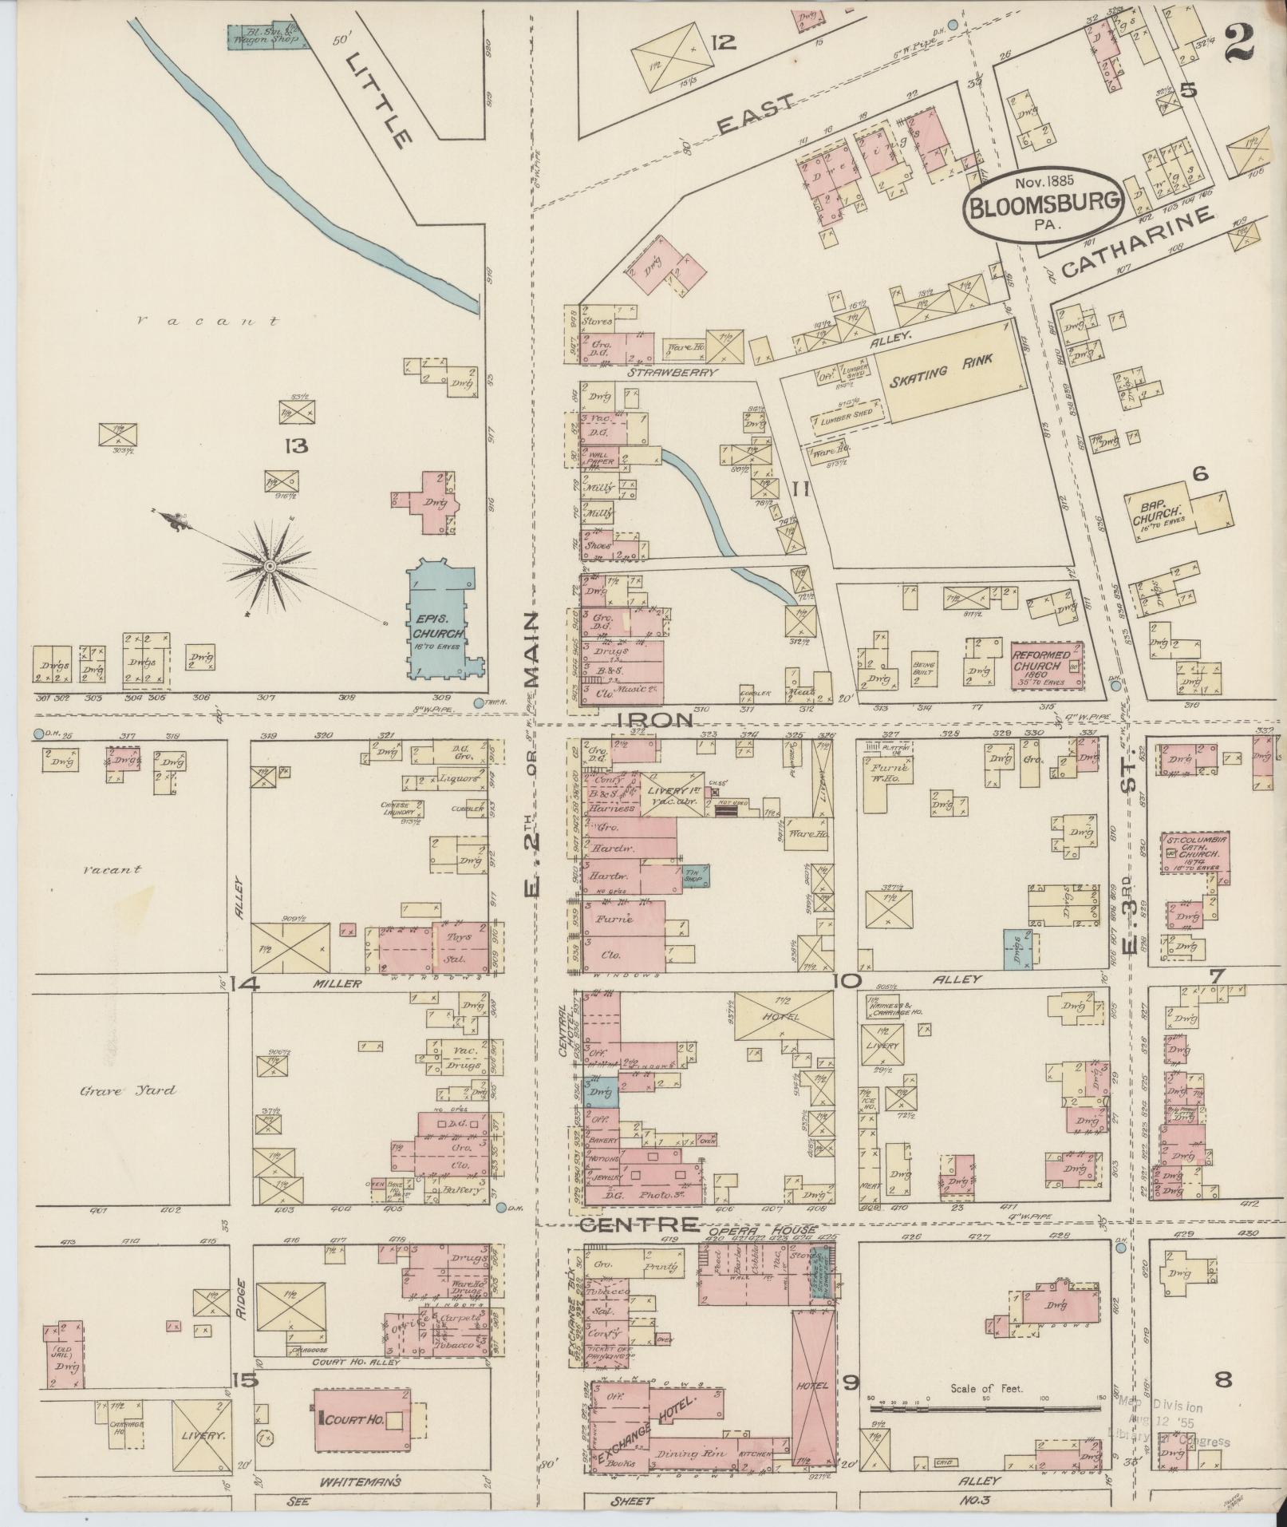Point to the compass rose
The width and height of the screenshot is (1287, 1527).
pos(270,566)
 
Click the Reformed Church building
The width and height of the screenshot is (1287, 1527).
pos(1047,665)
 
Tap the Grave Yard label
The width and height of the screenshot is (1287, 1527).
pos(128,1090)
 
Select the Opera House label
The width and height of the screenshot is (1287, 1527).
pos(780,1230)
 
